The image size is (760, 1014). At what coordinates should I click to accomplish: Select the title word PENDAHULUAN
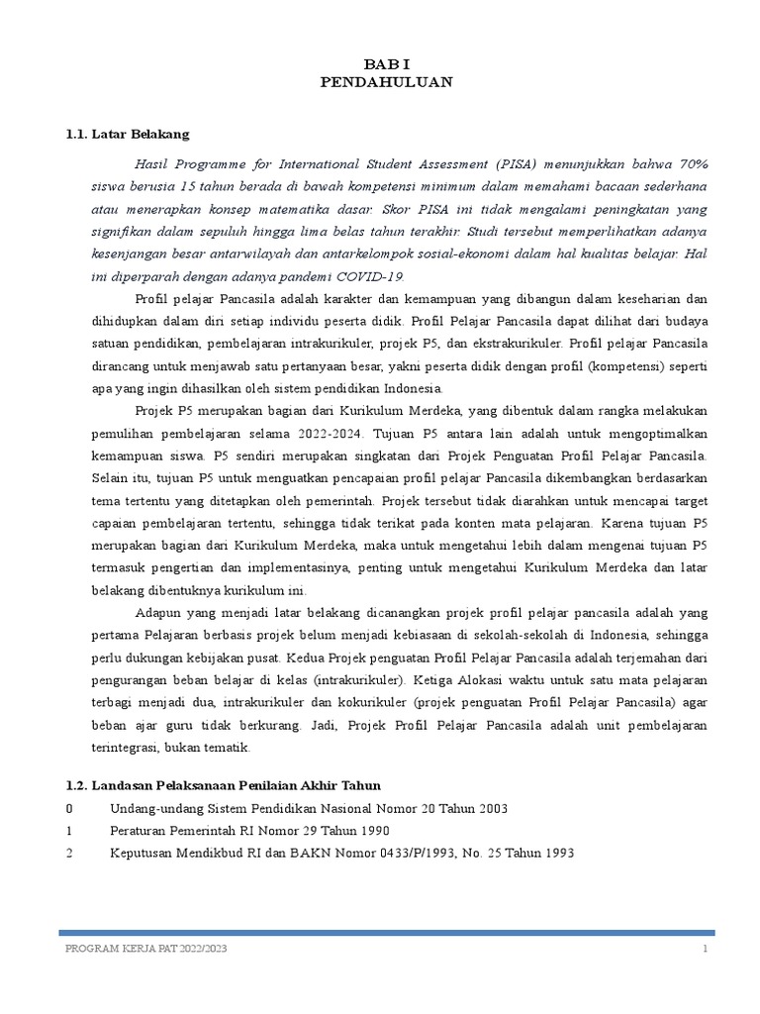point(386,82)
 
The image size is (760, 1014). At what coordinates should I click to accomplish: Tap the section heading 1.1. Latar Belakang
point(126,134)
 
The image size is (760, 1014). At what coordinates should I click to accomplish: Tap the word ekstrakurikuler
point(516,343)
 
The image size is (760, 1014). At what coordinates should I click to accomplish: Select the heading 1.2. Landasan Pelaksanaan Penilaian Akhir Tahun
point(223,785)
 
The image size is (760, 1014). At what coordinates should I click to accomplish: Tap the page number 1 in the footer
point(706,948)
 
